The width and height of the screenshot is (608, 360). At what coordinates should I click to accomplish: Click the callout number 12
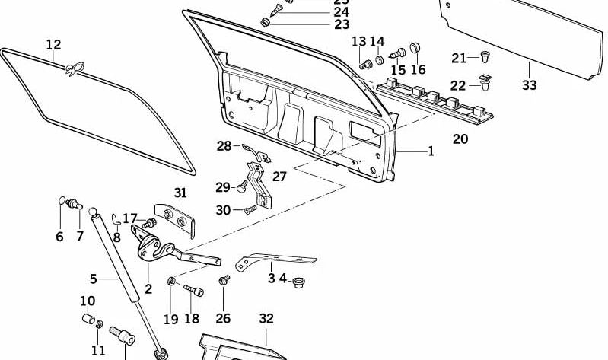53,45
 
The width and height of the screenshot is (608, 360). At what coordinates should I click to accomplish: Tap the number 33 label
529,85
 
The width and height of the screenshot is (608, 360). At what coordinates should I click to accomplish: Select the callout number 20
460,139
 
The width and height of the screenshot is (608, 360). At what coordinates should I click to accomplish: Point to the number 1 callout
431,151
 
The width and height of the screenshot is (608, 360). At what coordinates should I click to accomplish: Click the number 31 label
180,193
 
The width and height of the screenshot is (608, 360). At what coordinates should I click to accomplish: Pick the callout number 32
266,318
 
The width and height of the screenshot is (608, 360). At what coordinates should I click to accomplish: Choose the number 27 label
280,177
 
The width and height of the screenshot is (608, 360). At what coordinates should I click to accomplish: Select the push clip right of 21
487,56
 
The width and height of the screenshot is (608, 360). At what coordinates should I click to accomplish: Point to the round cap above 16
415,49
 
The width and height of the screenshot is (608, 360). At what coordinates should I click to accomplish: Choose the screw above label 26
224,281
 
